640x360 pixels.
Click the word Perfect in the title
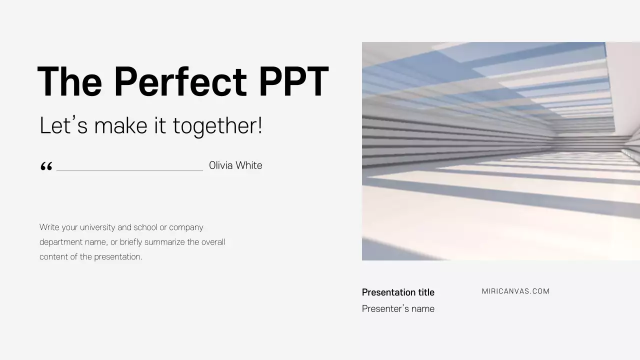tap(180, 82)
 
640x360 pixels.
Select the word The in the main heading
tap(69, 82)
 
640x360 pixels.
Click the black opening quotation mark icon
tap(46, 166)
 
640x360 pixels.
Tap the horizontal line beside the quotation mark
tap(129, 170)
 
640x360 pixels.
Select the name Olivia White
tap(235, 165)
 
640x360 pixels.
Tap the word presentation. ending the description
tap(118, 257)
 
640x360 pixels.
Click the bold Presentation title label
tap(398, 292)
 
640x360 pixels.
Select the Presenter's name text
tap(398, 309)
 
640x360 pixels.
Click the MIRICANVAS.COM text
tap(515, 291)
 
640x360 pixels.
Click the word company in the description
tap(186, 227)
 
